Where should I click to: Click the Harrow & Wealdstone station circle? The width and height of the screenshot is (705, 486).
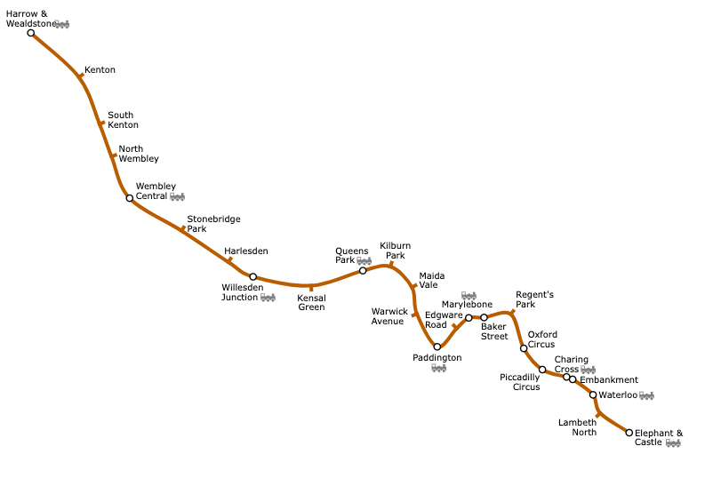pos(31,33)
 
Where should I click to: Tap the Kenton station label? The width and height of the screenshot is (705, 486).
pos(100,70)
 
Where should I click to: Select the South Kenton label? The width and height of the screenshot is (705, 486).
pos(122,120)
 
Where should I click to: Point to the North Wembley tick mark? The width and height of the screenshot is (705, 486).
pos(113,156)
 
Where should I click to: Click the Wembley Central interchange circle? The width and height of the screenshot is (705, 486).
pos(130,198)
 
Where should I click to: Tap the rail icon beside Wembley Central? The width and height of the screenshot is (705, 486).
pos(177,196)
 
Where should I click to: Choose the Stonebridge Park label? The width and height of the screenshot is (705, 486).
pos(213,224)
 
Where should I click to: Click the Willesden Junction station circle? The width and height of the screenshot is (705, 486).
pos(253,277)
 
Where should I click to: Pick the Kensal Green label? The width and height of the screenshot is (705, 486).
pos(311,302)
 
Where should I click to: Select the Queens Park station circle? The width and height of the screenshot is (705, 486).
pos(363,271)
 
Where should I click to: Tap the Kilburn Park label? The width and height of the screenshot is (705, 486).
pos(395,251)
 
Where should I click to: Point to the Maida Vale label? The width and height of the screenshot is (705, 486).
pos(432,281)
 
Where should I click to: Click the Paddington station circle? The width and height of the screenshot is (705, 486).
pos(437,347)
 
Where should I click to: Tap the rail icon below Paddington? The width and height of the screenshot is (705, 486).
pos(438,368)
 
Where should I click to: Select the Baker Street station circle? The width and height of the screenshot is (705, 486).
pos(485,317)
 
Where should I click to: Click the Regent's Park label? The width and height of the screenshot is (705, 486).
pos(534,299)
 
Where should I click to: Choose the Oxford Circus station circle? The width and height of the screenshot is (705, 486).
pos(524,348)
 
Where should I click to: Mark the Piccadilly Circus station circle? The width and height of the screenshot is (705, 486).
pos(542,370)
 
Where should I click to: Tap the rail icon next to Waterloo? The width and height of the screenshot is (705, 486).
pos(646,395)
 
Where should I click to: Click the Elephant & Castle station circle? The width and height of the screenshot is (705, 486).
pos(629,433)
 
